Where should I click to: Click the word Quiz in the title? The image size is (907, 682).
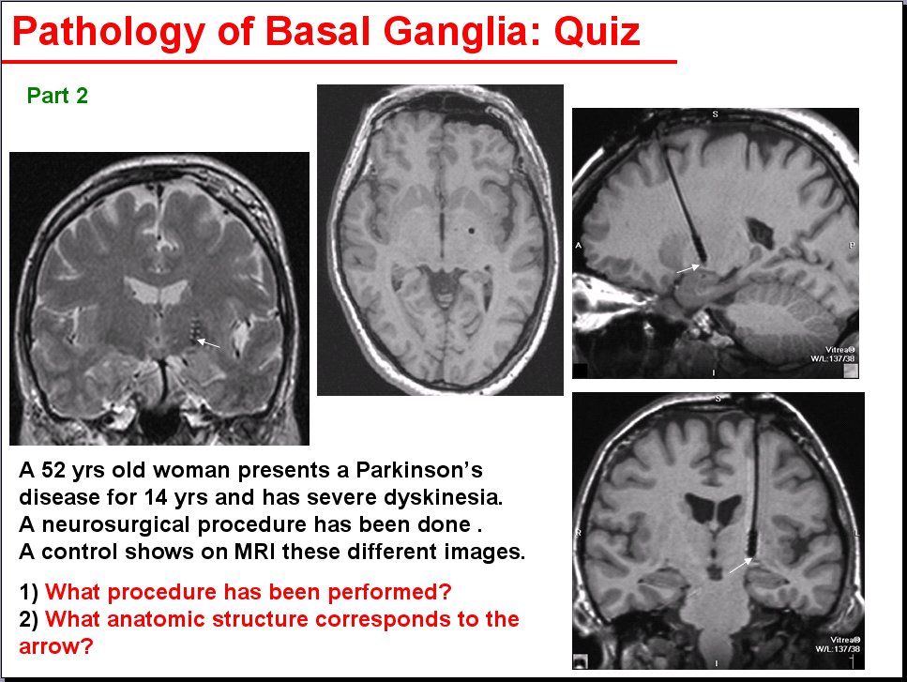click(597, 31)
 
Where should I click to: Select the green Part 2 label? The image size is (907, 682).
click(57, 96)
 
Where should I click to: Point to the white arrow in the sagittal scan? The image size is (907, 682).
click(688, 268)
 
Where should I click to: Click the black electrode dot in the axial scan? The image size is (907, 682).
click(472, 231)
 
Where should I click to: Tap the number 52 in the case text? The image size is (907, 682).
click(53, 470)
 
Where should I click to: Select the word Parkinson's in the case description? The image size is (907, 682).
click(418, 470)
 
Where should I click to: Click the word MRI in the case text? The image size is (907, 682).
click(256, 552)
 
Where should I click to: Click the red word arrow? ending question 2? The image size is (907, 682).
click(56, 646)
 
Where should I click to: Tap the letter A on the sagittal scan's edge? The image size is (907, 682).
click(578, 246)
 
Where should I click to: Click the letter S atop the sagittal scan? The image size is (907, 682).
click(715, 114)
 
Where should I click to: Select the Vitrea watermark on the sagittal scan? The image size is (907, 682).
click(839, 350)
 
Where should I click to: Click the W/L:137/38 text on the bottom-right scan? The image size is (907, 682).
click(838, 649)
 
